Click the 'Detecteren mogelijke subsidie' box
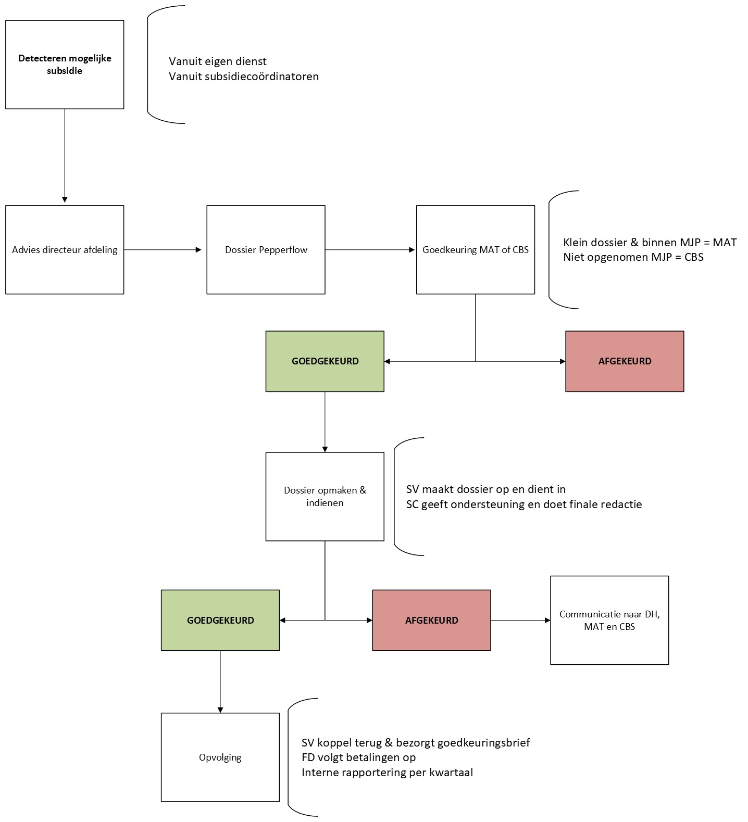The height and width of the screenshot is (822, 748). [65, 65]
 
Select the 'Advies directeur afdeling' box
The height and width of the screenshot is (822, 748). [65, 250]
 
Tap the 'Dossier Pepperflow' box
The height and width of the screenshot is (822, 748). [266, 250]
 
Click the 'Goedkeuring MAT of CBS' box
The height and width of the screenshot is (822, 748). [475, 250]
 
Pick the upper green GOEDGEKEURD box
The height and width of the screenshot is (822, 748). [325, 361]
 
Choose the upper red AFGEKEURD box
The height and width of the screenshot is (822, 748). [624, 361]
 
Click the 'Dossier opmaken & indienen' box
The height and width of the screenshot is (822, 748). [325, 497]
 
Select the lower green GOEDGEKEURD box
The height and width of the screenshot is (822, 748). [220, 620]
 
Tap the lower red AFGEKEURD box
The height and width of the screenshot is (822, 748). [431, 620]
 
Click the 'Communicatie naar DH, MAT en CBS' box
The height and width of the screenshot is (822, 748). [609, 620]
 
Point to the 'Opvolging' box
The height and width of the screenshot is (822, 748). [220, 757]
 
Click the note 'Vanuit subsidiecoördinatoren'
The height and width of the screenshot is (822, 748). [243, 77]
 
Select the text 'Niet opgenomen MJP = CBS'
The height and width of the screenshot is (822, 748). [633, 257]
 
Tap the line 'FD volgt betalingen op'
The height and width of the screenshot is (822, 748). [358, 757]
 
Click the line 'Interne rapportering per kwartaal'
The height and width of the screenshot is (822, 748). [387, 773]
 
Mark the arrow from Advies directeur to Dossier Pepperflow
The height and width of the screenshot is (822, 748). [163, 250]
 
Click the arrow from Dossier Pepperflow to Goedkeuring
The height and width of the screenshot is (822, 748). [370, 250]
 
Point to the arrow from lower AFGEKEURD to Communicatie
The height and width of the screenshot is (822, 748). [520, 620]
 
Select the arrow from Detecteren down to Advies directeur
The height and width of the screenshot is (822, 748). [65, 156]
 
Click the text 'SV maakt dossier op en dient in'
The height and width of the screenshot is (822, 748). [485, 489]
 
